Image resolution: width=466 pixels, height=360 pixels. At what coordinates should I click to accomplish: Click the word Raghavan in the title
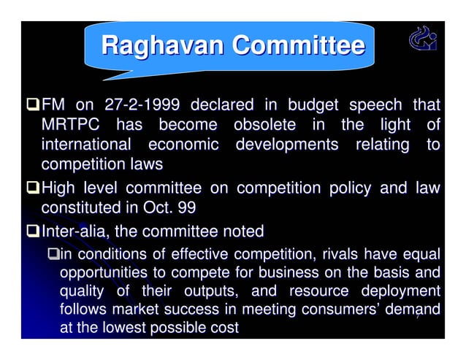(x=162, y=46)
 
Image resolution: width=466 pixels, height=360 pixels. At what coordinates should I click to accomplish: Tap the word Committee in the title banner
(x=298, y=46)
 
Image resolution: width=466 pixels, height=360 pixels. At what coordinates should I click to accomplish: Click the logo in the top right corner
(x=421, y=39)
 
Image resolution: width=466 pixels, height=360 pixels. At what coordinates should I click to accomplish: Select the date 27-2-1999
(x=142, y=107)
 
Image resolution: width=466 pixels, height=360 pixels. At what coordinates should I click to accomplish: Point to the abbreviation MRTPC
(x=72, y=126)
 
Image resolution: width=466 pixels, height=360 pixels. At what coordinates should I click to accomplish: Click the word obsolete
(x=264, y=126)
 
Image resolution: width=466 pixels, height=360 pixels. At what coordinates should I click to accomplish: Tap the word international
(x=86, y=145)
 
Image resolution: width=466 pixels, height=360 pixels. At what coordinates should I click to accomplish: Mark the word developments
(x=287, y=145)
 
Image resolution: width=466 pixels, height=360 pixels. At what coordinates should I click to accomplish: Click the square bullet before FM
(x=33, y=107)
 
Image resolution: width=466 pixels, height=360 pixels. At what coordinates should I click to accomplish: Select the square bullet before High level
(x=33, y=189)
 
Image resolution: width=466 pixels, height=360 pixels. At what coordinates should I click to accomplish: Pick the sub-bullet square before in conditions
(x=52, y=255)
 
